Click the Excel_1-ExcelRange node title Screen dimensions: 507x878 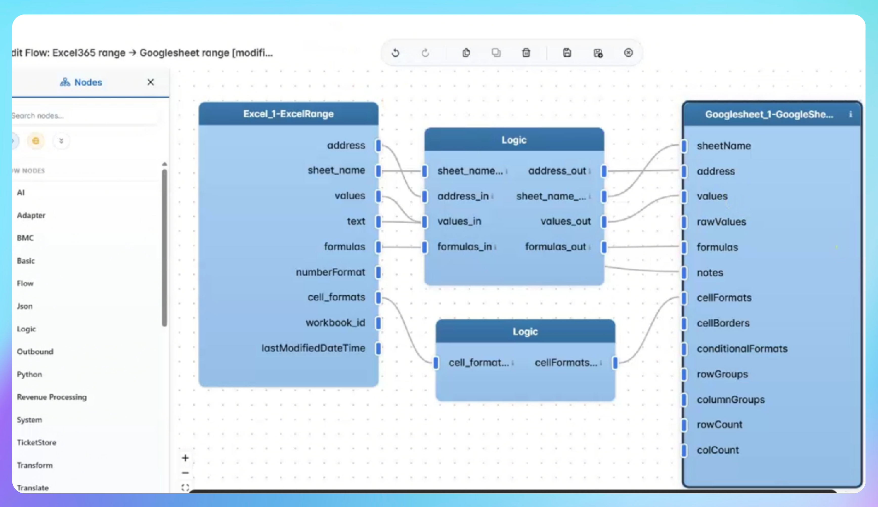pyautogui.click(x=288, y=114)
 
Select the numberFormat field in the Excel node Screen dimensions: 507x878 pyautogui.click(x=330, y=272)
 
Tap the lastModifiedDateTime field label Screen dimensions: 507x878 pyautogui.click(x=313, y=348)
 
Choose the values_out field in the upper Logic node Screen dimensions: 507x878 pyautogui.click(x=565, y=221)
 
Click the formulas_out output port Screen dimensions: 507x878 pyautogui.click(x=604, y=247)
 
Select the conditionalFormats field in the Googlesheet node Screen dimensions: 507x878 pyautogui.click(x=742, y=348)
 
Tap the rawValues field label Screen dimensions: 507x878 pyautogui.click(x=721, y=222)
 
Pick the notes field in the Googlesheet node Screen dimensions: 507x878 pyautogui.click(x=710, y=273)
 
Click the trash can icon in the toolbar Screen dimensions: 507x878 pyautogui.click(x=526, y=53)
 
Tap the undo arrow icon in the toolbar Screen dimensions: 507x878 pyautogui.click(x=396, y=53)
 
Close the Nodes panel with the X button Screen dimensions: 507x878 pyautogui.click(x=150, y=82)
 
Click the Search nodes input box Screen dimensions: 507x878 pyautogui.click(x=83, y=116)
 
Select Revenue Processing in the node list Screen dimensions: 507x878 pyautogui.click(x=52, y=397)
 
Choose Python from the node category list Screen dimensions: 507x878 pyautogui.click(x=30, y=374)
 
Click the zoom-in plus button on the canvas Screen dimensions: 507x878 pyautogui.click(x=185, y=458)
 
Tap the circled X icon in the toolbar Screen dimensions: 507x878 pyautogui.click(x=628, y=53)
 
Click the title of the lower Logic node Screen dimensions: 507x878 pyautogui.click(x=525, y=332)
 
